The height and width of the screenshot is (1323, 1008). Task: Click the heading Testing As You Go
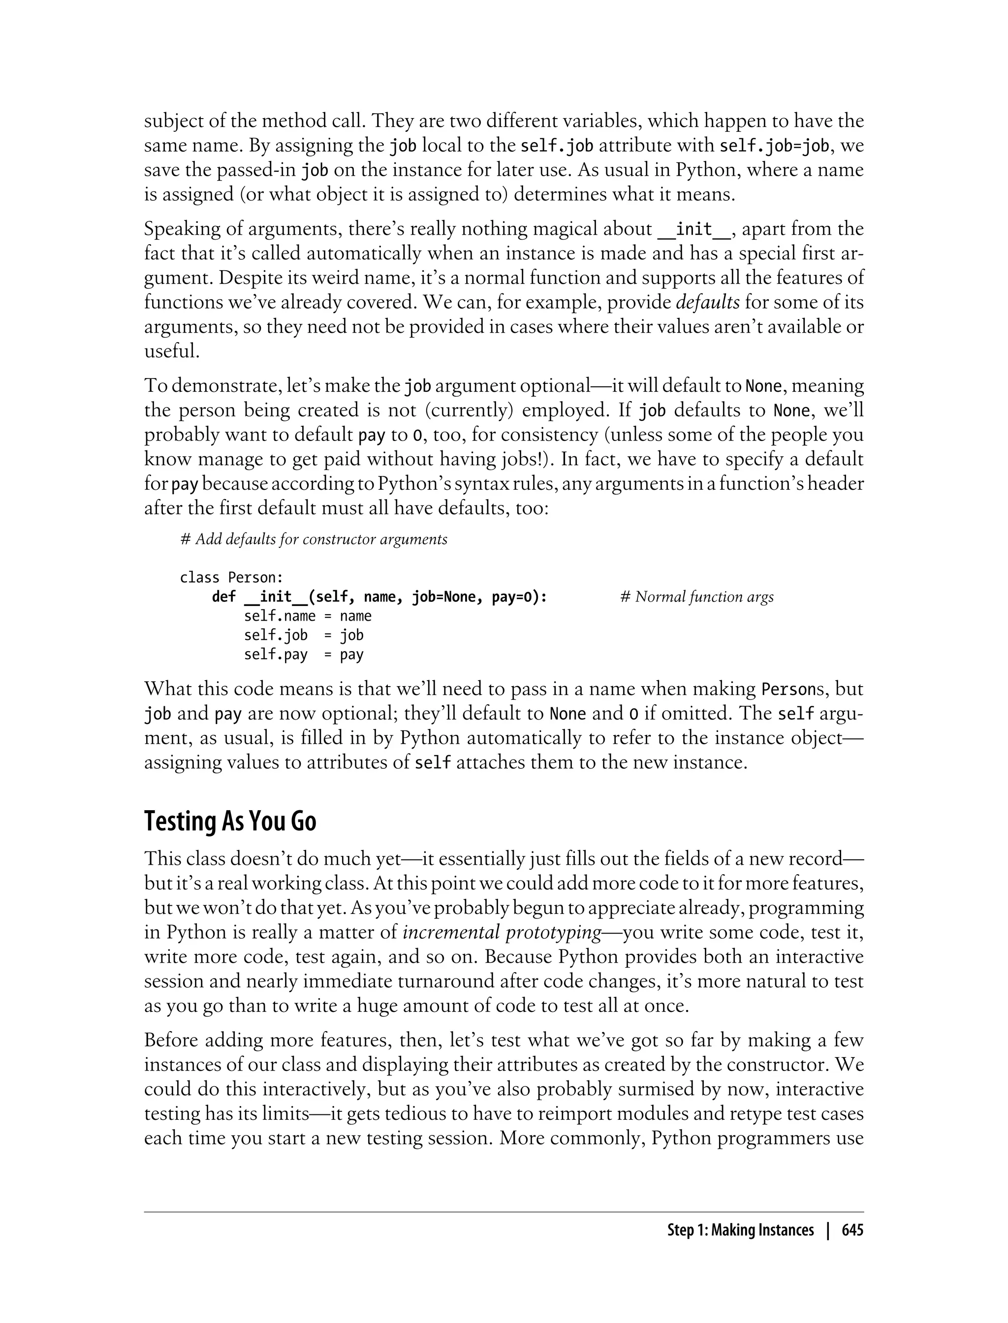[x=230, y=821]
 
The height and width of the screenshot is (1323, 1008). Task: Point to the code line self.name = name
[x=307, y=616]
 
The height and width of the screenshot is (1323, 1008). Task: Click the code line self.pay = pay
[x=303, y=655]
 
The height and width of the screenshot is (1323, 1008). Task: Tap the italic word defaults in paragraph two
[x=707, y=302]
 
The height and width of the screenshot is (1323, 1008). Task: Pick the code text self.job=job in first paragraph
[x=774, y=146]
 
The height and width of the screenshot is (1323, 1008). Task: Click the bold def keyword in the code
[x=224, y=597]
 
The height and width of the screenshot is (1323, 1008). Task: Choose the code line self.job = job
[x=303, y=635]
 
